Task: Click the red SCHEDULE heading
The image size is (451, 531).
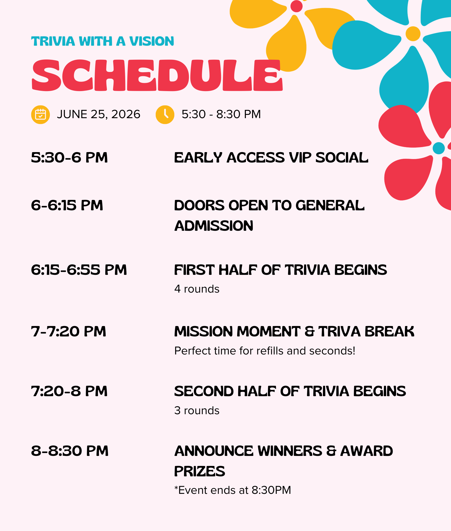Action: (x=157, y=75)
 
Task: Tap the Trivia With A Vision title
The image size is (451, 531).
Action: (x=103, y=41)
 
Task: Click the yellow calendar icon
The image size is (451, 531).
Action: (x=41, y=115)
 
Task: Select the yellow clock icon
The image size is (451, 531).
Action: (x=165, y=115)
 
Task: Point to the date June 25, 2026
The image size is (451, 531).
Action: (x=98, y=114)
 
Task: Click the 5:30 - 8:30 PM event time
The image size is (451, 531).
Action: (x=221, y=114)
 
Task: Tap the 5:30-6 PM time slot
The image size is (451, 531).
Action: (x=70, y=157)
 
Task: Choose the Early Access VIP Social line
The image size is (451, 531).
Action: (x=271, y=157)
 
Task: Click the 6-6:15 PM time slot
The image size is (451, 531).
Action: (x=67, y=205)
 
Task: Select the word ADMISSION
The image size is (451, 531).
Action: (x=214, y=226)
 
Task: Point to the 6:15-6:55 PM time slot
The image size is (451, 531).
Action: (x=79, y=270)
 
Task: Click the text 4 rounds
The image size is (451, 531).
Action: (x=197, y=289)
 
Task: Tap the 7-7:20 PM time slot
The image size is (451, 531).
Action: (x=69, y=331)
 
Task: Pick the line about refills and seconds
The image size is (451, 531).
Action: (x=265, y=351)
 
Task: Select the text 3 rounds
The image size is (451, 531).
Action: (x=197, y=410)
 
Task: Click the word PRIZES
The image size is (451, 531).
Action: (x=200, y=471)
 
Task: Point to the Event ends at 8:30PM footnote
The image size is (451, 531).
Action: (x=233, y=490)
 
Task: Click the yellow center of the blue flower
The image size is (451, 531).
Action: (x=413, y=34)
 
